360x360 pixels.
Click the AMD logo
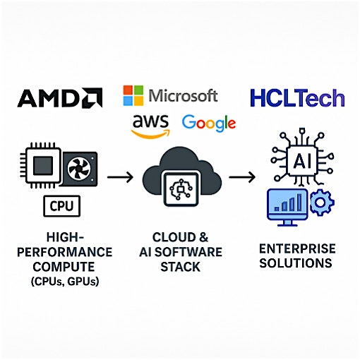pyautogui.click(x=59, y=97)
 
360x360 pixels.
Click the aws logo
pyautogui.click(x=150, y=125)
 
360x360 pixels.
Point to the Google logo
pyautogui.click(x=208, y=123)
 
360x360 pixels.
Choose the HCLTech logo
pyautogui.click(x=297, y=97)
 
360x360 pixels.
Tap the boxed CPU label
pyautogui.click(x=63, y=207)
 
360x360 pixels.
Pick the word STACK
pyautogui.click(x=181, y=267)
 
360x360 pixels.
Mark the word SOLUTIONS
pyautogui.click(x=295, y=263)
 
